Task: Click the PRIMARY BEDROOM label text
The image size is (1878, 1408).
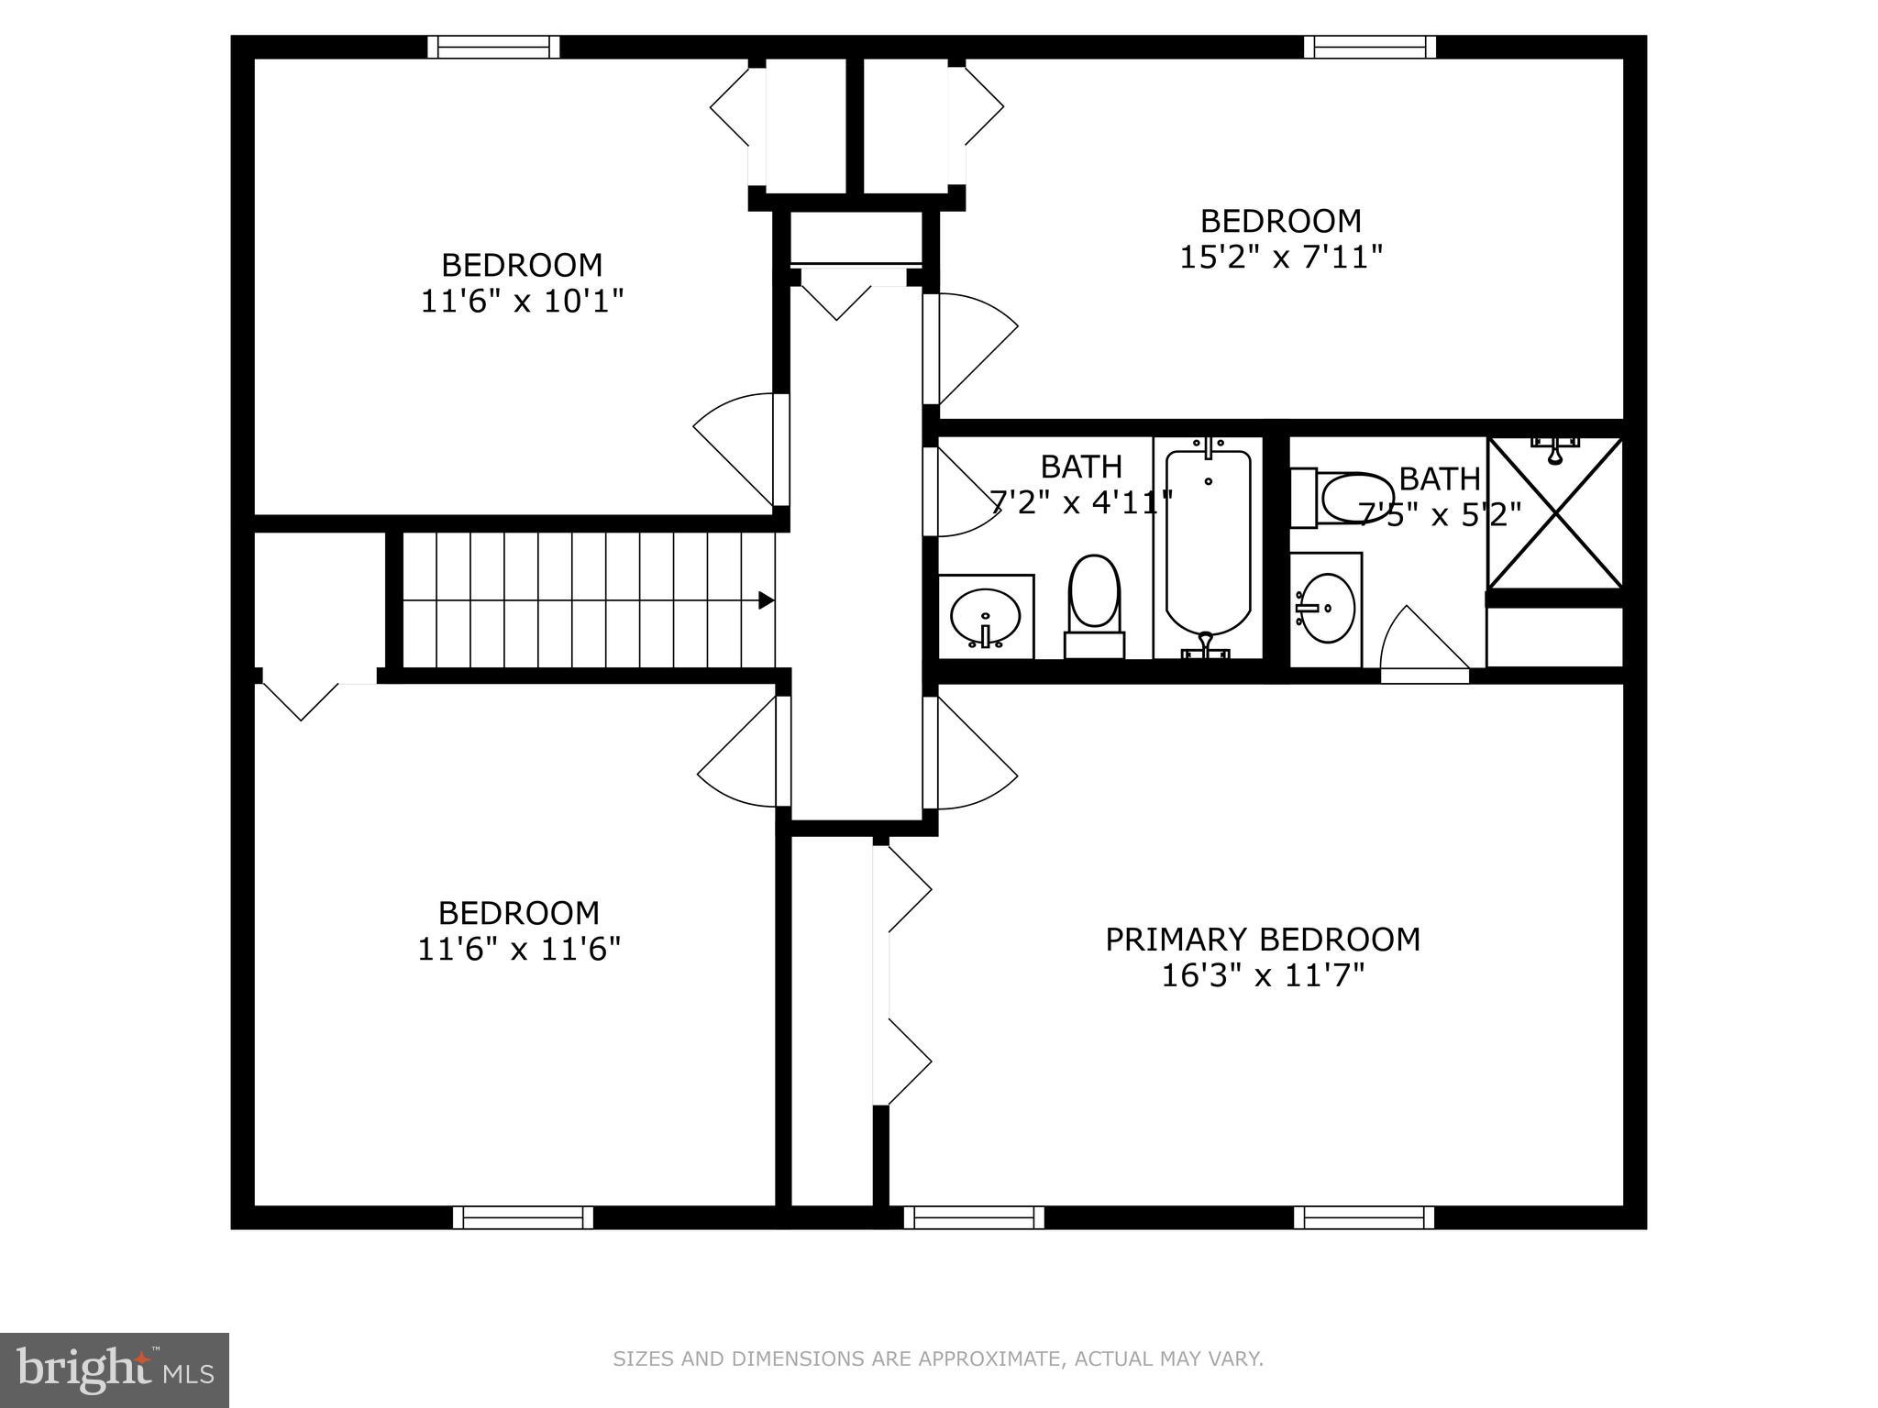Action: tap(1262, 940)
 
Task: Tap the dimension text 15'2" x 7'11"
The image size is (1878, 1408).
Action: tap(1280, 258)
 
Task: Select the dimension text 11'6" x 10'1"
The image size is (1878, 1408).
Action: tap(522, 302)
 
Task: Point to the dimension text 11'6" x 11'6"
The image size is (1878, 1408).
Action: tap(519, 949)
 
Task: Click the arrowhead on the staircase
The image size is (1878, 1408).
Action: tap(766, 601)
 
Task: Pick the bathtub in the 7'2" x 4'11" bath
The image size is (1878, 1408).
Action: tap(1208, 545)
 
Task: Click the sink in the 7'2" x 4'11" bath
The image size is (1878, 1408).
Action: tap(986, 617)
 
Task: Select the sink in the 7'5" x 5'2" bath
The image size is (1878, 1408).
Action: tap(1326, 608)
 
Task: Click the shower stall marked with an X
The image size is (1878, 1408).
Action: tap(1555, 513)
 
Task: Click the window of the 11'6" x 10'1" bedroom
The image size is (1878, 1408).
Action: tap(493, 47)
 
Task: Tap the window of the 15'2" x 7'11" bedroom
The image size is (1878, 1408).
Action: tap(1370, 47)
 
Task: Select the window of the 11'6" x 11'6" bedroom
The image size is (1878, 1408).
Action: tap(523, 1217)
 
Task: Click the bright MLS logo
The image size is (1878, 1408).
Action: tap(115, 1369)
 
